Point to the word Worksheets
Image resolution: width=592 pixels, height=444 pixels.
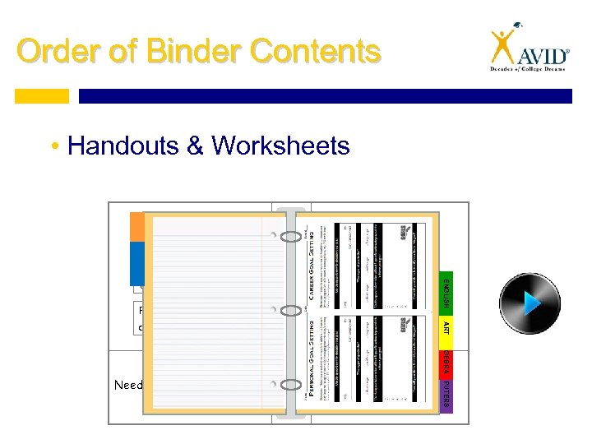[x=280, y=146]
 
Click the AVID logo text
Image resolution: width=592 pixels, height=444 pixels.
[x=543, y=56]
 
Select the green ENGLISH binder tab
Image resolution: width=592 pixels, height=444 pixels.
[x=445, y=291]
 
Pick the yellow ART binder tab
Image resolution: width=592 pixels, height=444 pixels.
[x=445, y=327]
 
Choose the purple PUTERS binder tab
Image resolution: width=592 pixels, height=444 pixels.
[x=445, y=392]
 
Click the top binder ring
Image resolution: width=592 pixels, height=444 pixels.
[x=291, y=237]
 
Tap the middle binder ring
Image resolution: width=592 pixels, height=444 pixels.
[x=291, y=311]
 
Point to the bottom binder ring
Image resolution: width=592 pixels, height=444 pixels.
[x=291, y=384]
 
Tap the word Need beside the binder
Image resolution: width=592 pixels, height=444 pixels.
[x=127, y=385]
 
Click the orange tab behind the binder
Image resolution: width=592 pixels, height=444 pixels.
[x=136, y=227]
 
